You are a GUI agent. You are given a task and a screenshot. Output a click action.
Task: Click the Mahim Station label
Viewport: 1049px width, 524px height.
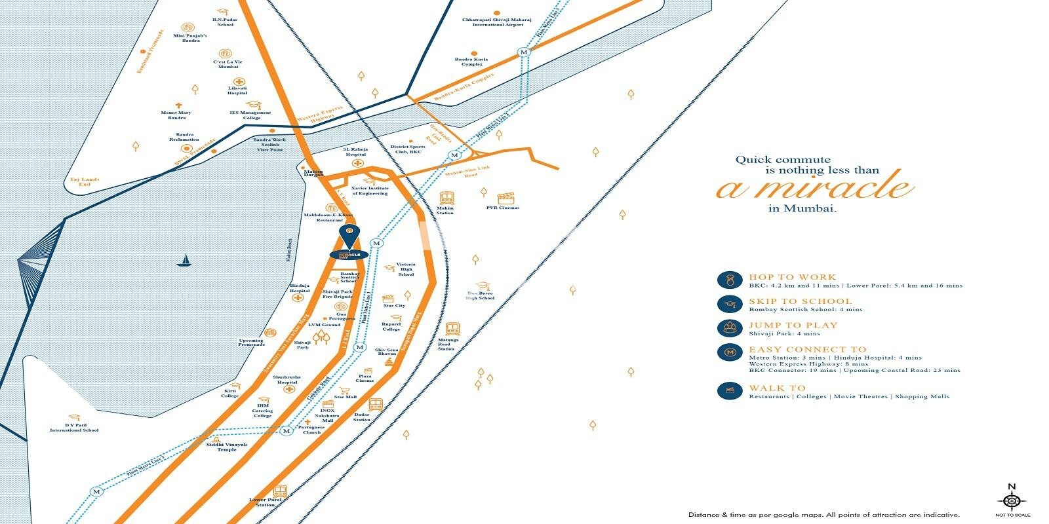445,210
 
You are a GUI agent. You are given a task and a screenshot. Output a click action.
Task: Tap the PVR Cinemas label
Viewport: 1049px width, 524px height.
502,208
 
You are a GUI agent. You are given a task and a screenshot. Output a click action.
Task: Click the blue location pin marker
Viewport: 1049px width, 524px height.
349,234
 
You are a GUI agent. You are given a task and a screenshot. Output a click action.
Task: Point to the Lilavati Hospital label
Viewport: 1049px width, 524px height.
237,90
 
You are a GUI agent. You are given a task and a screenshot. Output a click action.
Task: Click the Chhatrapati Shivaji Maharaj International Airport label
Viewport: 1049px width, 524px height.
492,22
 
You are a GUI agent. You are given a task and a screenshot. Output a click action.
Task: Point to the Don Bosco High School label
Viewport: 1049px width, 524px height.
480,295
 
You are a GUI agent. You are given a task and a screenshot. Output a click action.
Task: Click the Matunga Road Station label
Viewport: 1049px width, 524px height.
446,345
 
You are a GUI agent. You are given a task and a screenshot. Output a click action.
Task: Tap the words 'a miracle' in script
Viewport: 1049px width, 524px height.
814,187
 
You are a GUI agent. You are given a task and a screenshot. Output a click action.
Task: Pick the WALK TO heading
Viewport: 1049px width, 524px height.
777,388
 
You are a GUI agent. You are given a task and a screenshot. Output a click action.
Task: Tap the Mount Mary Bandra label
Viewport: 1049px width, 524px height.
177,115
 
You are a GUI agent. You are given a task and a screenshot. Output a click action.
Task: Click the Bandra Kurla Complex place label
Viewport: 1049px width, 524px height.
471,62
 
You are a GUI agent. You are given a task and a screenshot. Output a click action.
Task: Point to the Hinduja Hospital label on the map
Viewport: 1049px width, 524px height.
299,289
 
